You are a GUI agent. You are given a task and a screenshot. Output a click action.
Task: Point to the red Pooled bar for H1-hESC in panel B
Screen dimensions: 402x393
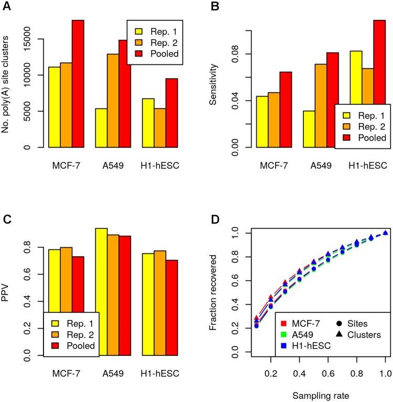tap(379, 84)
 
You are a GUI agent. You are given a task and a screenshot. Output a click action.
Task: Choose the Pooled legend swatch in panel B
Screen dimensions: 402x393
tap(346, 138)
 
